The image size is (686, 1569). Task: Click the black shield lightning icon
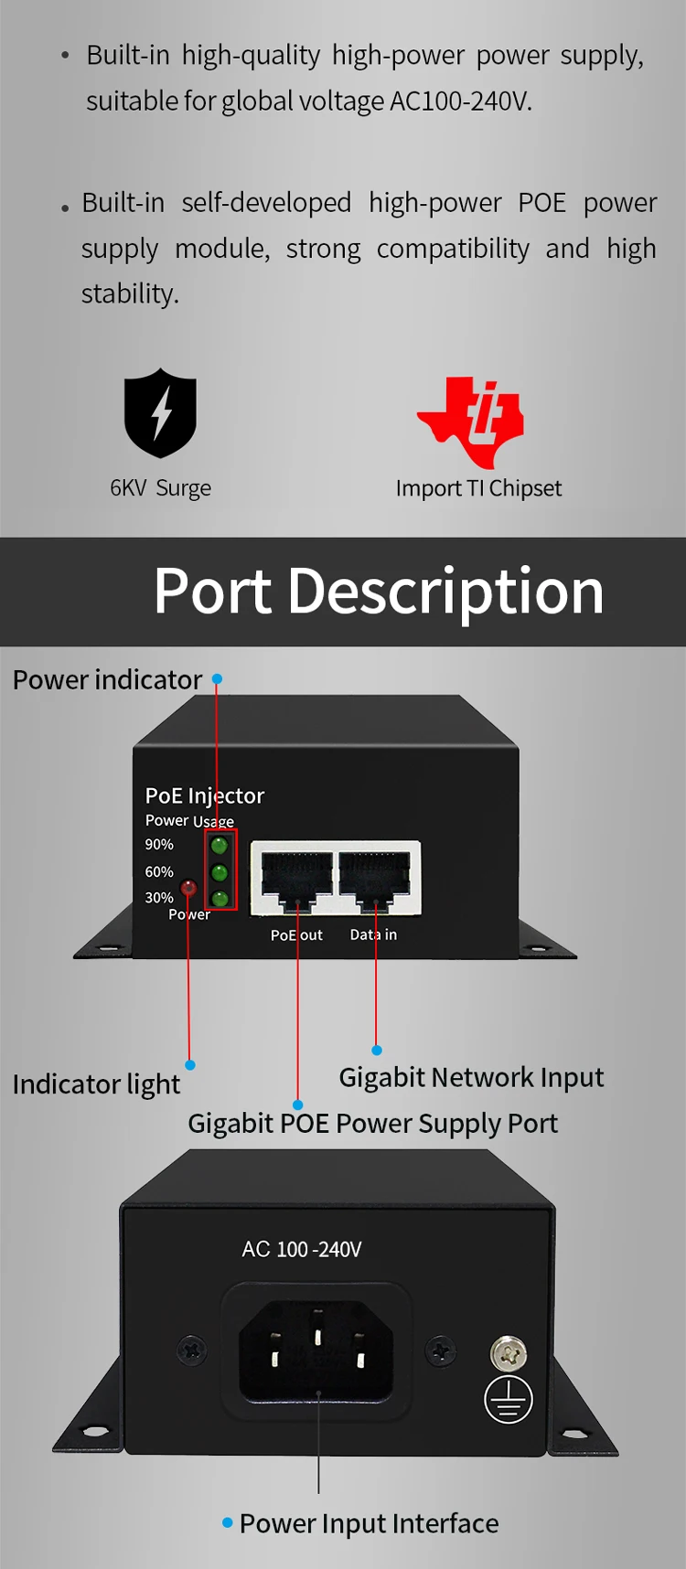[160, 412]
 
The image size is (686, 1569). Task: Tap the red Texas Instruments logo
[471, 421]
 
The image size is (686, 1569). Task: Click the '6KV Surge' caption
[160, 488]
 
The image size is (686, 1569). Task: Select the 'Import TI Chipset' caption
[478, 488]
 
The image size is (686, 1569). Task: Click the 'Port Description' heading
[379, 592]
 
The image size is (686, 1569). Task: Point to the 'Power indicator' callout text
[107, 680]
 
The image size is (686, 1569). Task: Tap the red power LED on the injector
[188, 887]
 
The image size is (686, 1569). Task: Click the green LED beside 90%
[220, 845]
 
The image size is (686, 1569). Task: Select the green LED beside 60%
[220, 872]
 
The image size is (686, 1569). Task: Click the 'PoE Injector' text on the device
[205, 795]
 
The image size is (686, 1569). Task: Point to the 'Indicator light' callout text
[96, 1084]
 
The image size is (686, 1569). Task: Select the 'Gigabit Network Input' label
[471, 1077]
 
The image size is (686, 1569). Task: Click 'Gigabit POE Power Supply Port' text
[372, 1123]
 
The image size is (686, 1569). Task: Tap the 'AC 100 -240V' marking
[302, 1249]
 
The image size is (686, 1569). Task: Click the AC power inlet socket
[316, 1351]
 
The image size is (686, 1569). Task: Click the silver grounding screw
[509, 1351]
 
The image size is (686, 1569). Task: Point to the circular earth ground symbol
[509, 1399]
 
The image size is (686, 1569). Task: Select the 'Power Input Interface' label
[369, 1523]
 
